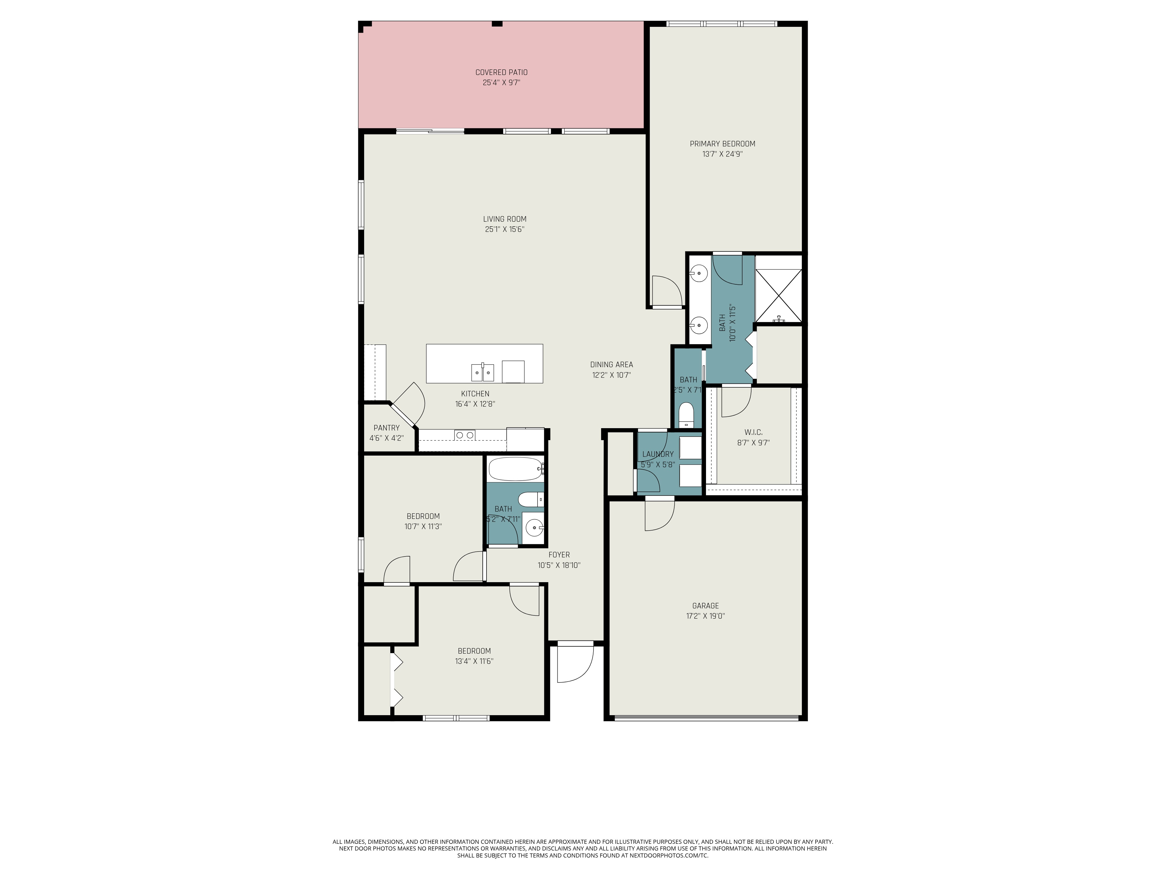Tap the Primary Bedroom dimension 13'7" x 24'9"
[x=722, y=154]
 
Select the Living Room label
[x=505, y=219]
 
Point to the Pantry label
[x=386, y=428]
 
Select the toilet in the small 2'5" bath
[x=686, y=414]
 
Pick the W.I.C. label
[x=753, y=432]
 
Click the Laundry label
[x=657, y=454]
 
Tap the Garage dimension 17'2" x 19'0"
[x=705, y=615]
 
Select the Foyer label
[x=559, y=555]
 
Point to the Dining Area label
[x=612, y=365]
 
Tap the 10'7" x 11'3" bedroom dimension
[x=423, y=526]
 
